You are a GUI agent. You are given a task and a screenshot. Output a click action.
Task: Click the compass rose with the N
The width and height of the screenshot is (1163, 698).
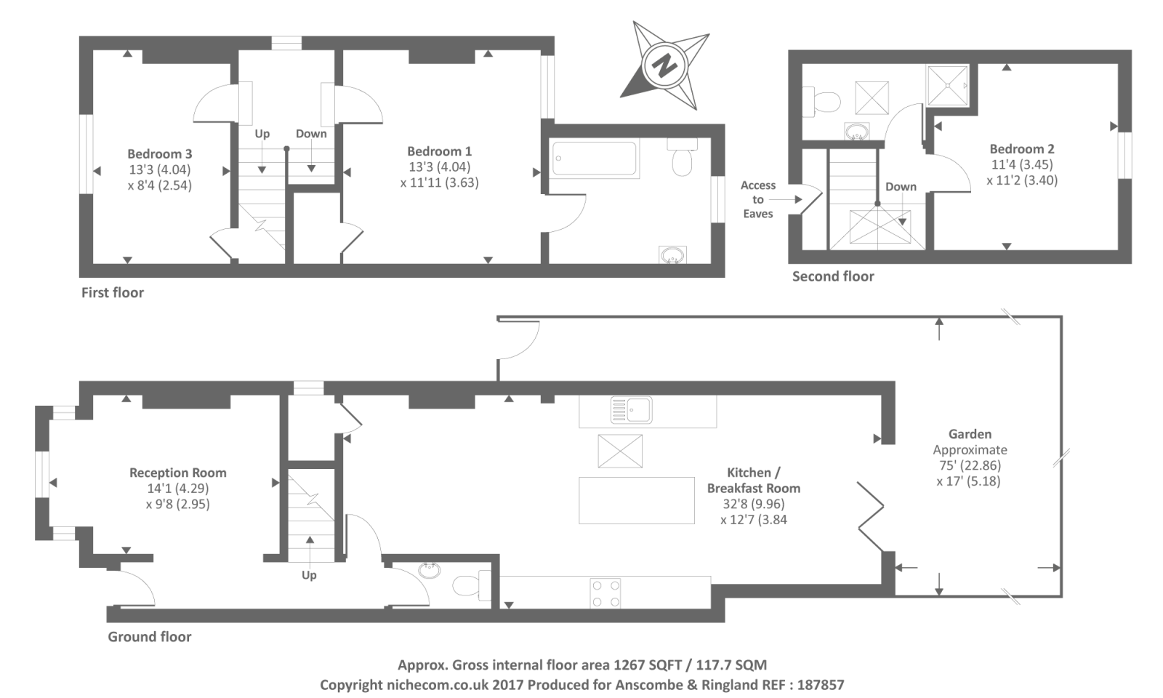point(663,65)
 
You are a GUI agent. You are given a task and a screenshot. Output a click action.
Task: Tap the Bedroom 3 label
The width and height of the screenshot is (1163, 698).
point(160,154)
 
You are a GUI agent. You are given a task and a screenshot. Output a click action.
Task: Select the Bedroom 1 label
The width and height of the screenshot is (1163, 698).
point(439,151)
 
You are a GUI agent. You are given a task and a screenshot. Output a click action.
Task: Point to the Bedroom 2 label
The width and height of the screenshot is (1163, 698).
point(1021,149)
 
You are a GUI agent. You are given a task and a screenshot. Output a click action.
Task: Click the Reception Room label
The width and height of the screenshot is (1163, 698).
point(178,473)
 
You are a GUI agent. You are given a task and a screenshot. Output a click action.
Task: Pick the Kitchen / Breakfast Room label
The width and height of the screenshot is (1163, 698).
point(753,480)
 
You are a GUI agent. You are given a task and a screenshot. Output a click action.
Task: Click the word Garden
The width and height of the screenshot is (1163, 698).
point(970,434)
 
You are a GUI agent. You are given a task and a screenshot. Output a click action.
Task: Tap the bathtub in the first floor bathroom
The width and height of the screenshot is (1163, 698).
point(595,159)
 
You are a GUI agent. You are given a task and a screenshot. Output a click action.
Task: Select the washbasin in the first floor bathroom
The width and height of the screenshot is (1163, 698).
point(672,255)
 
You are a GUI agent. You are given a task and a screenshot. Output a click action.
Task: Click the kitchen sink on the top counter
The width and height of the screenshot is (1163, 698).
point(631,410)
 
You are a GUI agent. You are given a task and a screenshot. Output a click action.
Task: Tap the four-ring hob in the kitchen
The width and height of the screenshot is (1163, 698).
point(605,593)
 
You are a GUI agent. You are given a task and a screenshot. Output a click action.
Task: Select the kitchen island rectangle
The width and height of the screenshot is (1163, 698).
point(637,500)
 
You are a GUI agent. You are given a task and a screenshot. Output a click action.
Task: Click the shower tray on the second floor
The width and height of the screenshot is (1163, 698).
point(948,85)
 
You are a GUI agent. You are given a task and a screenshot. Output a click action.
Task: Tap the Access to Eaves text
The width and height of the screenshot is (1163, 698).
point(758,199)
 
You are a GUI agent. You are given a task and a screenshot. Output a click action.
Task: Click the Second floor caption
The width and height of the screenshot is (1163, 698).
point(833,276)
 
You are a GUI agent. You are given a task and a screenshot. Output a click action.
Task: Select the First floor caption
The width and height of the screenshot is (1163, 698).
point(113,292)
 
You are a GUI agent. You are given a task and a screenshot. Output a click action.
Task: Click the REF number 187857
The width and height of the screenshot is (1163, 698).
point(821,685)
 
